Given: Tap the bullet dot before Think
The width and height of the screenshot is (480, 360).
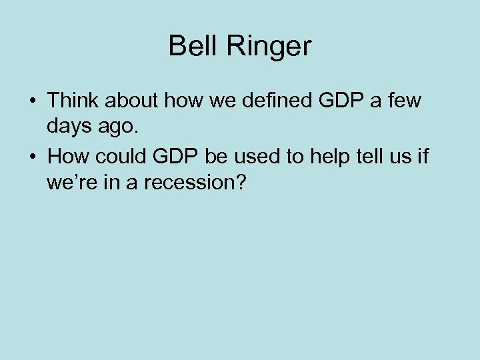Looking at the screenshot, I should pyautogui.click(x=32, y=101).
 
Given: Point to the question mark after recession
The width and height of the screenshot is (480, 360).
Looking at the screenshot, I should pyautogui.click(x=240, y=181).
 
